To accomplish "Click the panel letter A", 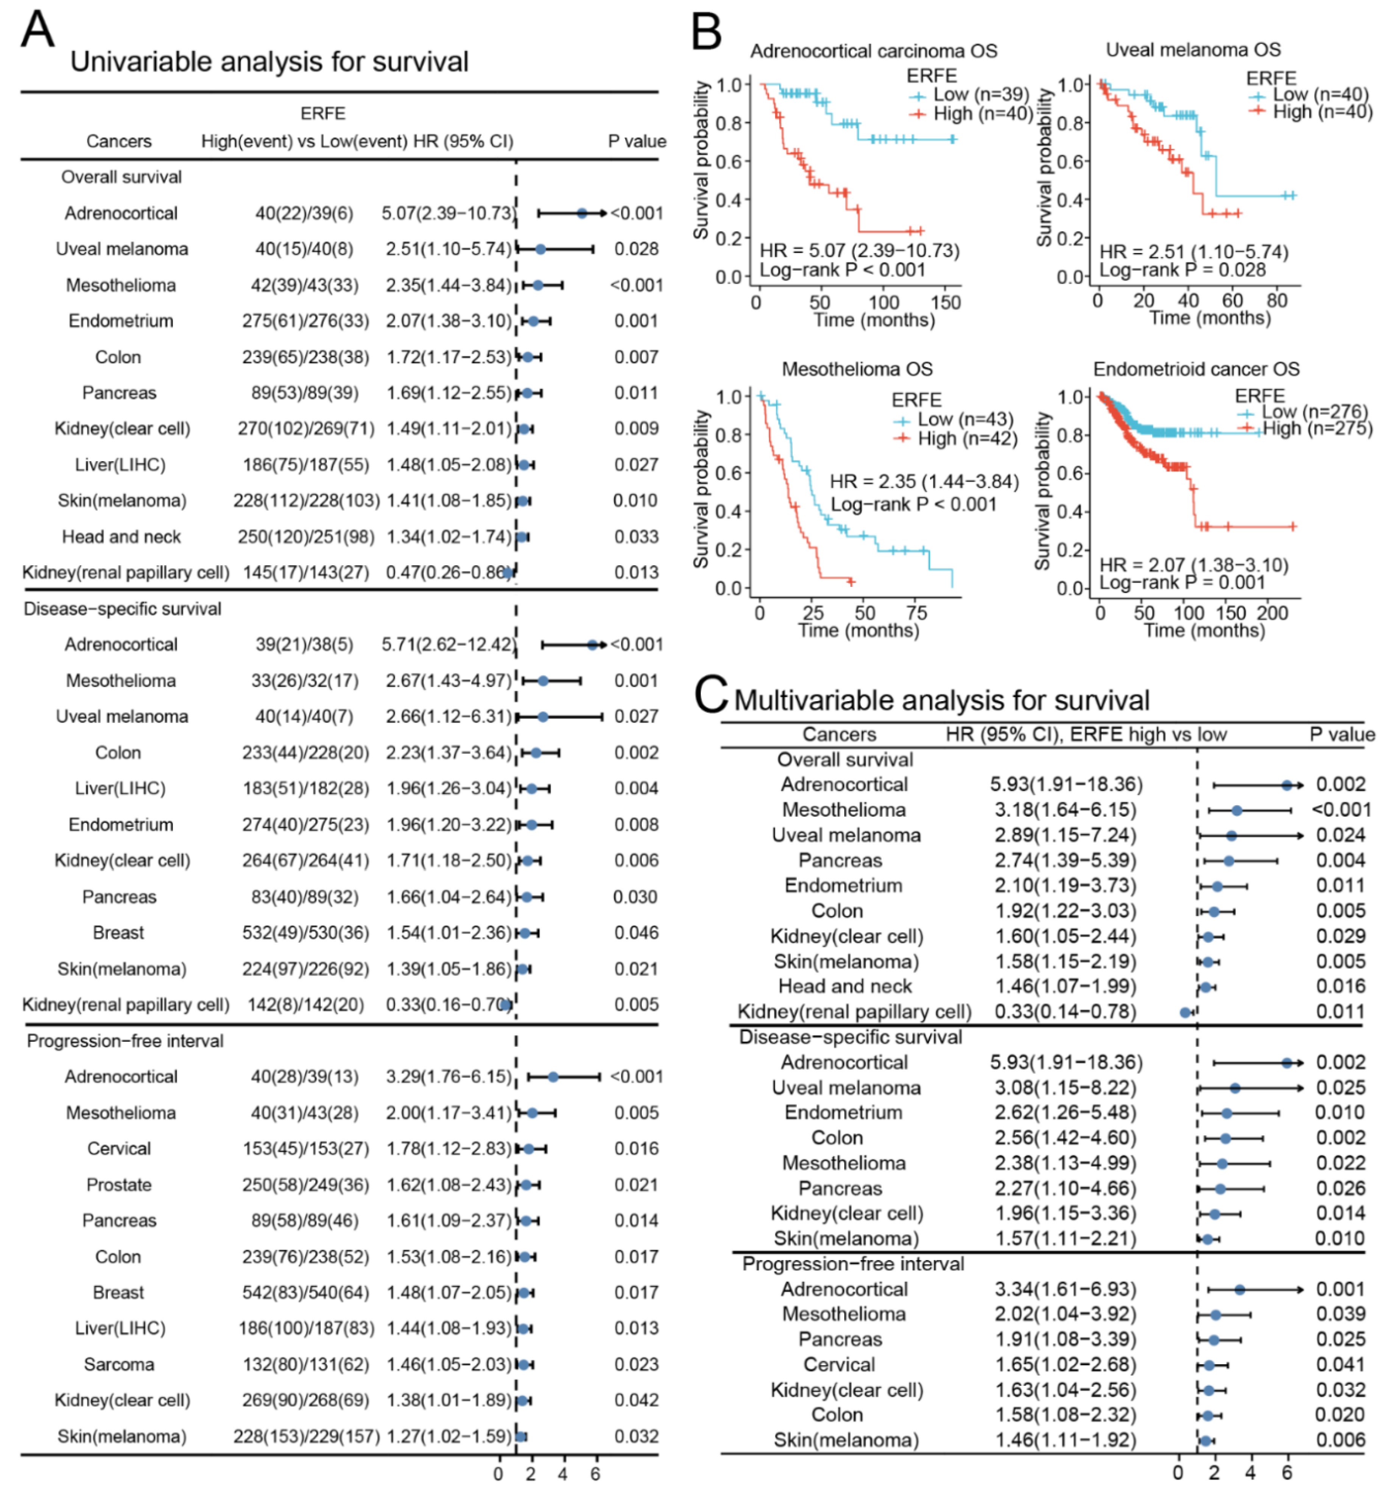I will (x=37, y=30).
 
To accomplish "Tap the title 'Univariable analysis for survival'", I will (x=269, y=61).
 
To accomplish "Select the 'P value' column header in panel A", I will (x=636, y=141).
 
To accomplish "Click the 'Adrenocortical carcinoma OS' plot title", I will (x=874, y=51).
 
